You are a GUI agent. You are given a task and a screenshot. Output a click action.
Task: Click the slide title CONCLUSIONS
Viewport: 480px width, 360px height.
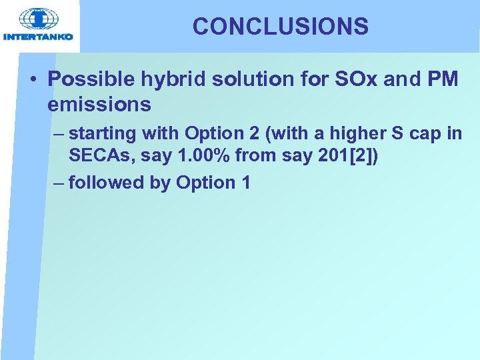click(280, 27)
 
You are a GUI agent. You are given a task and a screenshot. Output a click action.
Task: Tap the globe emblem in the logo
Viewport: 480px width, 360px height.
click(38, 19)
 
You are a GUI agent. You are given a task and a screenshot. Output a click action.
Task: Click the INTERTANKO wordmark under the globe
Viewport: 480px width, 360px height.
click(38, 37)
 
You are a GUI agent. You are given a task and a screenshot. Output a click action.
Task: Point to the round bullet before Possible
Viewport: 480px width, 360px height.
click(33, 80)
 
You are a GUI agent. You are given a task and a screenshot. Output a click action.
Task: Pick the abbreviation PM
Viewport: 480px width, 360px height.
click(443, 79)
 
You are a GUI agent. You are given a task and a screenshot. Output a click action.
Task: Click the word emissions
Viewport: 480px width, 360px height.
click(99, 105)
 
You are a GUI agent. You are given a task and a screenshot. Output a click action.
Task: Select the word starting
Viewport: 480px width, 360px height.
click(103, 134)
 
